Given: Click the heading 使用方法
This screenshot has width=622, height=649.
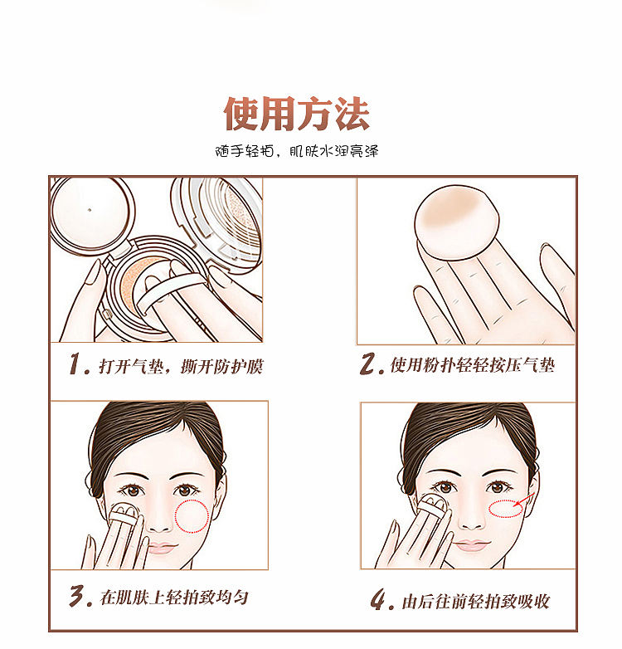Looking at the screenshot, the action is pos(297,114).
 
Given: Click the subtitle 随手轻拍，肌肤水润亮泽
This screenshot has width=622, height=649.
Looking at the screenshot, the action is pos(297,151).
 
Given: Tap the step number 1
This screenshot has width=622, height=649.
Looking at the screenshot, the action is pos(79,364).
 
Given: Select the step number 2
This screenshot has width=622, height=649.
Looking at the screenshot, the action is pos(371,364).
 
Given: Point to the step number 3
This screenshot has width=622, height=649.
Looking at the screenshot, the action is pos(80,596).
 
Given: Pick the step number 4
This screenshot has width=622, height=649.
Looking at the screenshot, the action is pos(381,599).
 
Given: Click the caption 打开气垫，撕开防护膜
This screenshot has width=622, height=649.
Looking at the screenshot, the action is pos(181,366).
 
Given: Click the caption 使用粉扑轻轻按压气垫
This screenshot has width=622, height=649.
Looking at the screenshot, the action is pos(472,365).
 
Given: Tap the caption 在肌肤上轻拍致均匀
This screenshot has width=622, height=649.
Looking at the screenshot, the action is pos(174,598).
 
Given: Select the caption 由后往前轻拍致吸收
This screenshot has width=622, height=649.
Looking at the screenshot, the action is pos(476,601).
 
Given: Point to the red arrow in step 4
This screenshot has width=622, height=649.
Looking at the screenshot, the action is pos(524,500).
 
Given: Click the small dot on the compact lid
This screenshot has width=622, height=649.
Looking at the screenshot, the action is pos(90,210).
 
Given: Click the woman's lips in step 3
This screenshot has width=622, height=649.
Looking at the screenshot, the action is pos(162,548).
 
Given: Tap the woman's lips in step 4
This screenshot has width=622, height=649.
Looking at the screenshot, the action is pos(472,544).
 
